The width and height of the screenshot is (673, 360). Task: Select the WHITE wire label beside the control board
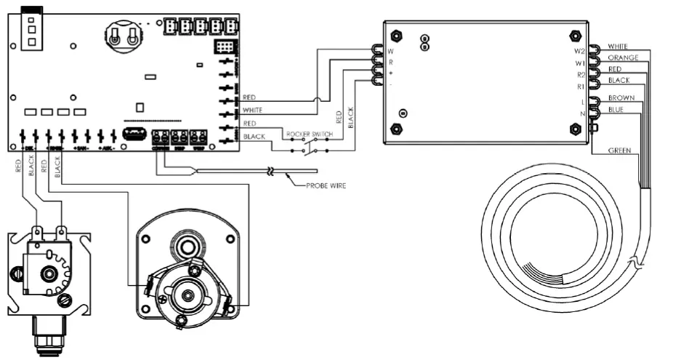[253, 110]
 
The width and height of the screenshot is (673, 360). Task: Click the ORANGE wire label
[623, 57]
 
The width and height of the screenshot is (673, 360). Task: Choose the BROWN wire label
[621, 97]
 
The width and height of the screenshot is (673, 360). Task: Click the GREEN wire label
[618, 151]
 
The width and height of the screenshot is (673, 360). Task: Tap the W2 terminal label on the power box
[579, 52]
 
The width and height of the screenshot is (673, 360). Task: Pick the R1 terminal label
[580, 87]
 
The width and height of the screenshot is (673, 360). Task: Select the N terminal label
[582, 113]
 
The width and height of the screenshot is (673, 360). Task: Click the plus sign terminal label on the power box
[391, 74]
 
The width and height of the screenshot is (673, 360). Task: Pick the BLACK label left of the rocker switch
[254, 137]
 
